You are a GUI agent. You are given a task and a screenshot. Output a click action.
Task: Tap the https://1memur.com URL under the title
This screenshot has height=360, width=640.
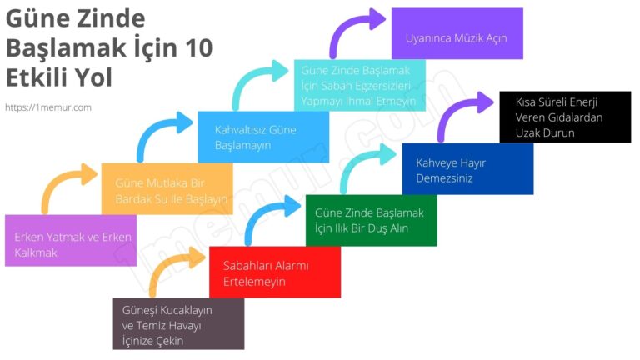tap(48, 107)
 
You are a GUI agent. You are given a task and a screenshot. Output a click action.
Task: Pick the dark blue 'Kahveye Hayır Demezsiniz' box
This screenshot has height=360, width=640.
tap(467, 168)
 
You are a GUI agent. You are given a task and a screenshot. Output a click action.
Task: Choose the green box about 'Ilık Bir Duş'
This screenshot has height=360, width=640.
tap(371, 220)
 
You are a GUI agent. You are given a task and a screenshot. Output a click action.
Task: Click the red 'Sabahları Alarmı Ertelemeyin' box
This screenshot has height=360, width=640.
tap(274, 272)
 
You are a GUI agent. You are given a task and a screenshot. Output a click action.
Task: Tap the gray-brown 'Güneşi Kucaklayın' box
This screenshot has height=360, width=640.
tap(178, 323)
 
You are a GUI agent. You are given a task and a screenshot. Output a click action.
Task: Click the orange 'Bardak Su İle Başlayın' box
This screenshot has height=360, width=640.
tap(167, 189)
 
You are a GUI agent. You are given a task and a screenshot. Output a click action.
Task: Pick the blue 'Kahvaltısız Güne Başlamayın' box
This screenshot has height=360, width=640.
tap(263, 137)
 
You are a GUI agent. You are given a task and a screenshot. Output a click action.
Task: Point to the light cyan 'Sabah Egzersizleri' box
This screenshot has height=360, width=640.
tap(359, 86)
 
